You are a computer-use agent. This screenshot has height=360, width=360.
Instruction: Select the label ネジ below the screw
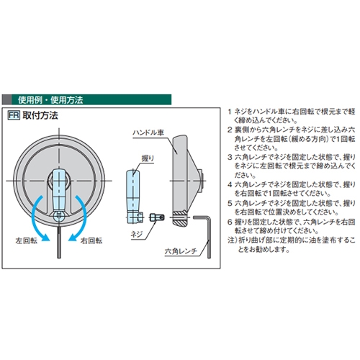(135, 235)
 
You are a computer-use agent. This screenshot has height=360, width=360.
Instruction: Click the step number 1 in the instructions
(229, 112)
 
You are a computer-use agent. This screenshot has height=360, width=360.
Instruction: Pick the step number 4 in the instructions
(229, 186)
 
